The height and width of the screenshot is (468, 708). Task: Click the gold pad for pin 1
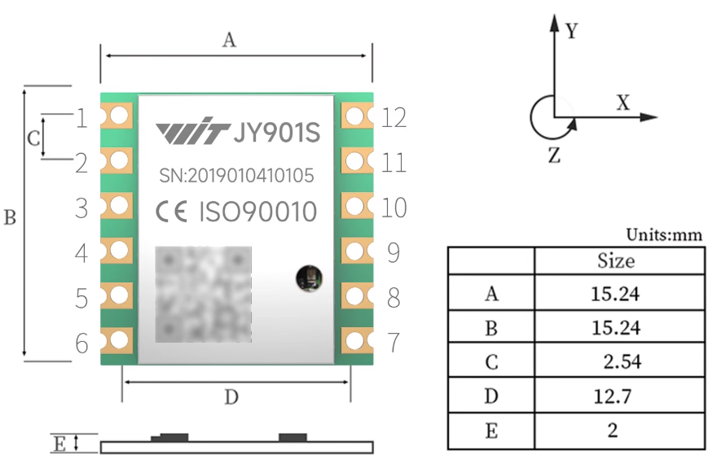(117, 116)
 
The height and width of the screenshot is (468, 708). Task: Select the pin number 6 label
(81, 343)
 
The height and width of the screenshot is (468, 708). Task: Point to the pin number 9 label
(394, 253)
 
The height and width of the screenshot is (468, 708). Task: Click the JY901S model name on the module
(276, 133)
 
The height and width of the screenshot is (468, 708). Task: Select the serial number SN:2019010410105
(235, 175)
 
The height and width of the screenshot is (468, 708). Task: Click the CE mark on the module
(173, 212)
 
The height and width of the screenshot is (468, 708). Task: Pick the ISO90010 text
(257, 212)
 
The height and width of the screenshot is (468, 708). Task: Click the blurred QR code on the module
(203, 294)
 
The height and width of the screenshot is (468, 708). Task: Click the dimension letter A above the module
(230, 39)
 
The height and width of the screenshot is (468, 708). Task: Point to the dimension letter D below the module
(231, 397)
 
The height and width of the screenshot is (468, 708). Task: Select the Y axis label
(571, 32)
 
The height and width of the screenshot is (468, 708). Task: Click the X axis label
(622, 103)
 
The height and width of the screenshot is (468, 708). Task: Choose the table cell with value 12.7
(615, 396)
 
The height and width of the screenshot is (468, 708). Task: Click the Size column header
(615, 261)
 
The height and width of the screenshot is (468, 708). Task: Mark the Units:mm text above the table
(663, 234)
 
